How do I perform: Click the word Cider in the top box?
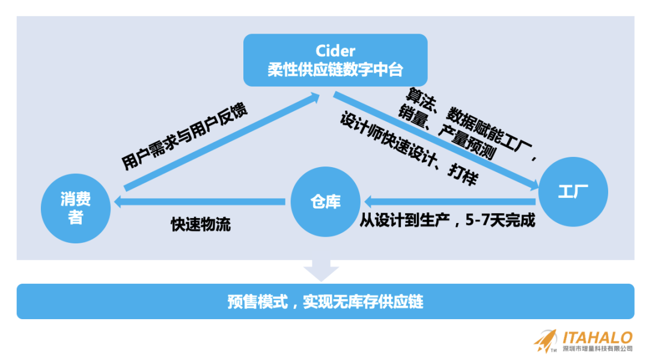tap(335, 50)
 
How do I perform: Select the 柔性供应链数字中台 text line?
tap(335, 69)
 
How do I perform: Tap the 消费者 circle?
tap(75, 208)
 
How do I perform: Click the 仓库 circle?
tap(325, 202)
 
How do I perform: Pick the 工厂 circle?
tap(573, 192)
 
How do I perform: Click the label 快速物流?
tap(201, 225)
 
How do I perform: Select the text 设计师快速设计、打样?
tap(409, 148)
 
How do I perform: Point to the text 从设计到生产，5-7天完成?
tap(447, 220)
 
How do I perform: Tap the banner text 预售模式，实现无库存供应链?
tap(325, 301)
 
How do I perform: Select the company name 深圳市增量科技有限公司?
tap(597, 348)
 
